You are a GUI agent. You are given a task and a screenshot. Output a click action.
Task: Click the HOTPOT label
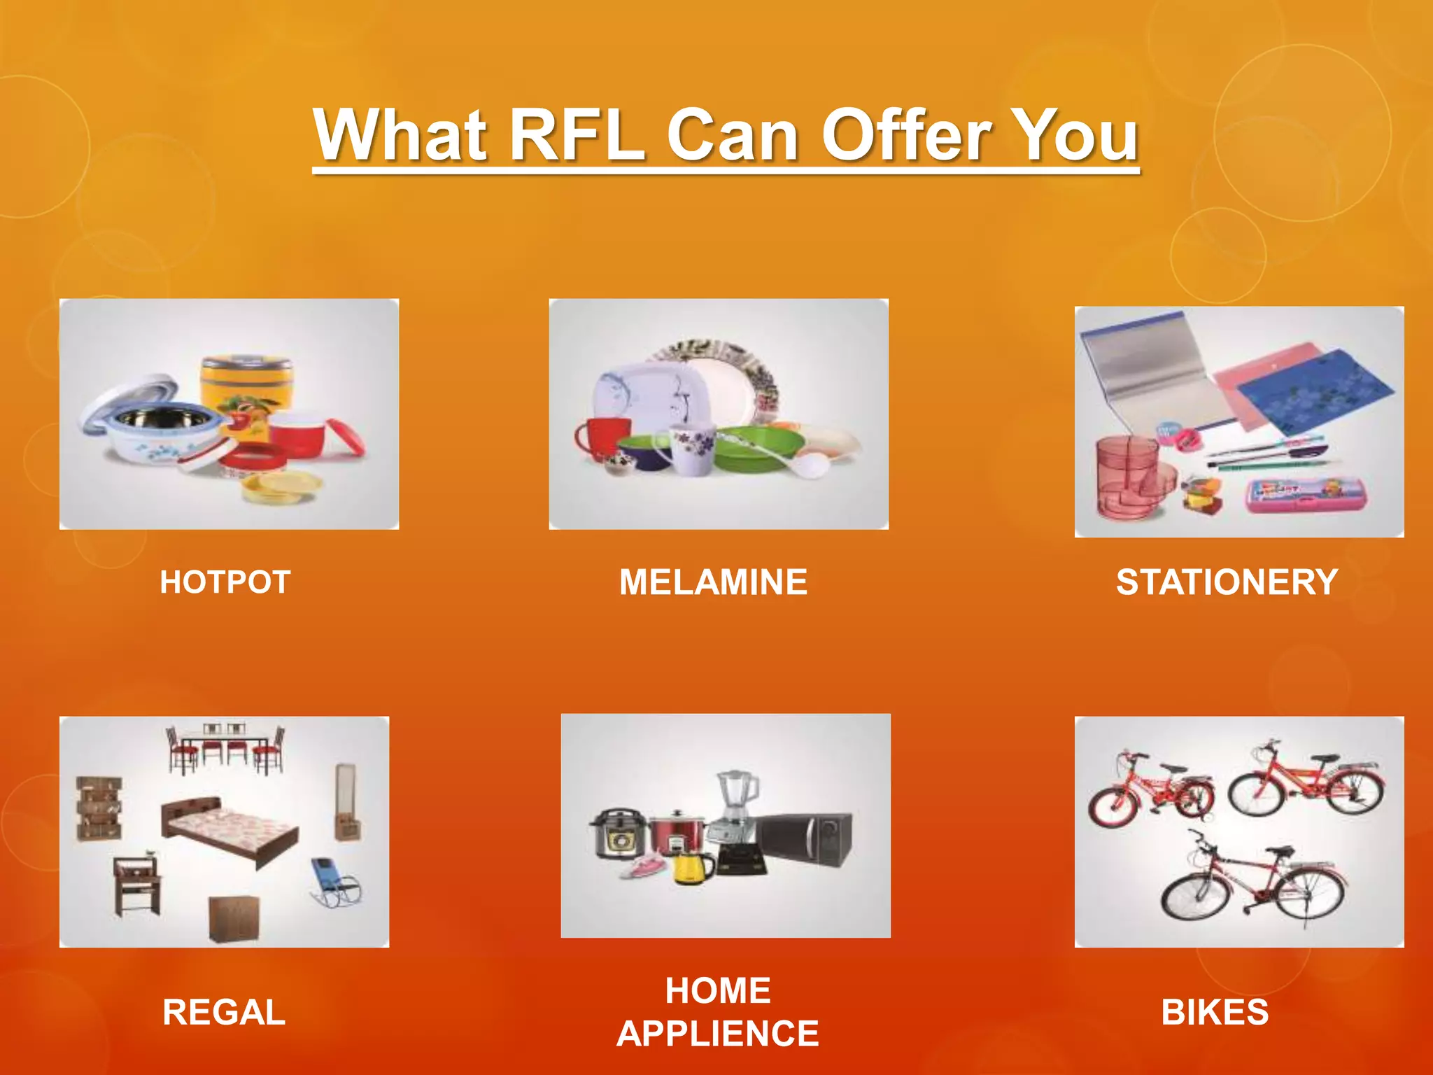[x=225, y=582]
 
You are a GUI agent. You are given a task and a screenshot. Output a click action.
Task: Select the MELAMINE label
[x=713, y=582]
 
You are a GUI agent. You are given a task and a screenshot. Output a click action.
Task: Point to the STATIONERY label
[x=1227, y=582]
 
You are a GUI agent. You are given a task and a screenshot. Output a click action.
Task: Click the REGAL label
[x=224, y=1012]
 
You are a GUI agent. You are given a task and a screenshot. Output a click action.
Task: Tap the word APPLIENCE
[x=718, y=1034]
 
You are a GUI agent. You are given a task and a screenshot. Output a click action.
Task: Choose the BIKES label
[x=1215, y=1012]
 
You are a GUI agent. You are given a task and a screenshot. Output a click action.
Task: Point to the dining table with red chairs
[x=225, y=747]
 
